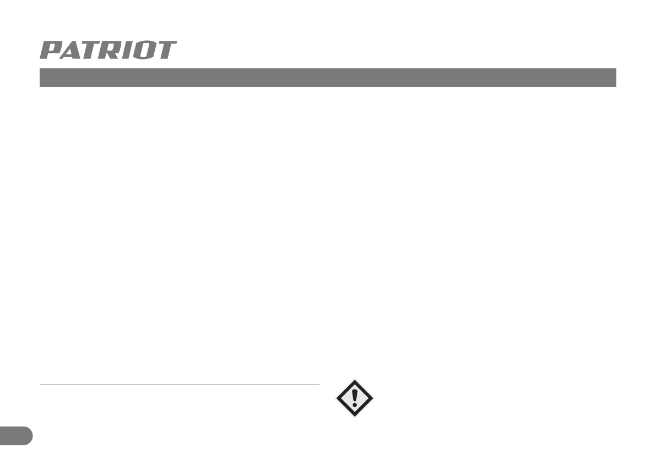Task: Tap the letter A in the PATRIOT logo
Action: point(72,50)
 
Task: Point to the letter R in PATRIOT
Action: point(113,50)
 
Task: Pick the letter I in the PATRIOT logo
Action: point(129,50)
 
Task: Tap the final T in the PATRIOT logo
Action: point(166,50)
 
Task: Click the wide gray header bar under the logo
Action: point(327,78)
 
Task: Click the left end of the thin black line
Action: point(40,385)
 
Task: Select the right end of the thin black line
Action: point(319,385)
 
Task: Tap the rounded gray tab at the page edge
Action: point(15,435)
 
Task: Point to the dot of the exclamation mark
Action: point(355,404)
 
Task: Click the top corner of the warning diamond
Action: point(355,379)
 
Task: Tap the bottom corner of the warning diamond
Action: point(355,416)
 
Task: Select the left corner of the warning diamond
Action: point(337,397)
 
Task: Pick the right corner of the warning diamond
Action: point(373,397)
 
